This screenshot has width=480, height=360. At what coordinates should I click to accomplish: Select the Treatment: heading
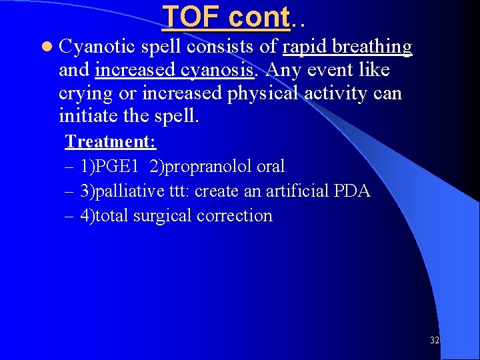pyautogui.click(x=110, y=141)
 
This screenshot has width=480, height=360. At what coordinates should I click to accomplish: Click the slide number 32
pyautogui.click(x=435, y=340)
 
